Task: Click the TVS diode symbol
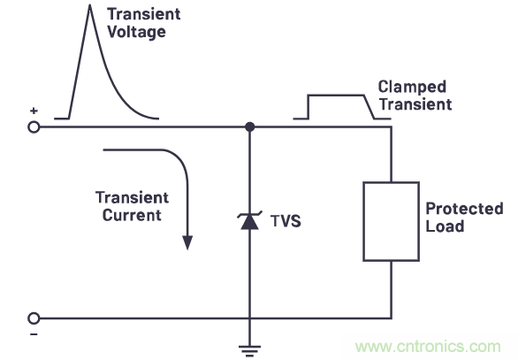pos(250,221)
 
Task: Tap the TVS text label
pos(286,221)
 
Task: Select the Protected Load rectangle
pos(391,221)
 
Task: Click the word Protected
pos(464,210)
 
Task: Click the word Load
pos(445,226)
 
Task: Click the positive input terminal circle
pos(34,126)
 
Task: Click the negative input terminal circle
pos(34,318)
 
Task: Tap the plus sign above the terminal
pos(34,111)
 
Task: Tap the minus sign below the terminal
pos(34,334)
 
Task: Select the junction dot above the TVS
pos(250,126)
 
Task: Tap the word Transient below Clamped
pos(415,103)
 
